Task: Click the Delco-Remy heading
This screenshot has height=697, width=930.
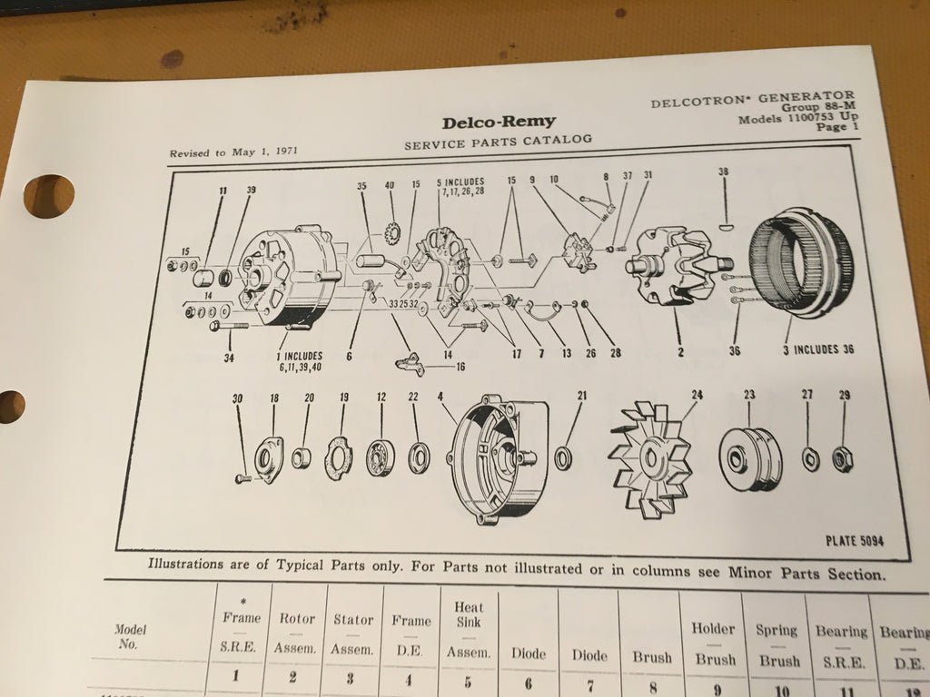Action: tap(499, 122)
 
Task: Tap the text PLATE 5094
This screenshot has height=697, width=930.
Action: tap(854, 541)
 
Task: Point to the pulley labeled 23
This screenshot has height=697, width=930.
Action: tap(751, 458)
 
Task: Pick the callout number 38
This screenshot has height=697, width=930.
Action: tap(723, 172)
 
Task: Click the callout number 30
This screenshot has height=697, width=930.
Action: tap(237, 398)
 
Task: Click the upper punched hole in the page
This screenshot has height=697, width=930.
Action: tap(49, 195)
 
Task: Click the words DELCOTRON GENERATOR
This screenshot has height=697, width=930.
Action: tap(752, 100)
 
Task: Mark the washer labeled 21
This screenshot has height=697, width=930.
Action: tap(563, 456)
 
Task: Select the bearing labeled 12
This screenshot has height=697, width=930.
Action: tap(381, 457)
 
